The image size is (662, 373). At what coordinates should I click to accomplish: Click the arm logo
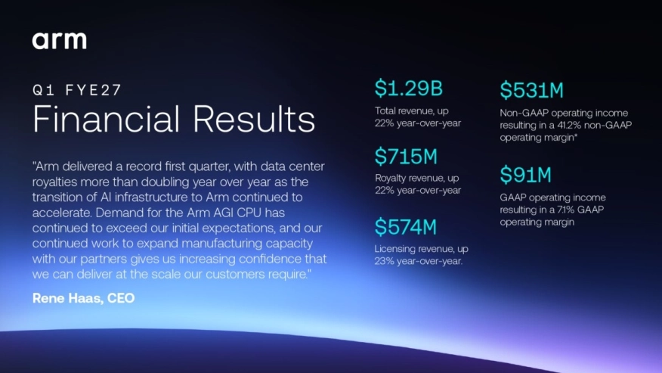coord(60,41)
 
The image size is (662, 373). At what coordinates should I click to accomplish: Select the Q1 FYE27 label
coord(77,90)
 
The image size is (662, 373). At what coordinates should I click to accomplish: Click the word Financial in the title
coord(106,119)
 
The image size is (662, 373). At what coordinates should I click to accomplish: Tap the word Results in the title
coord(254,119)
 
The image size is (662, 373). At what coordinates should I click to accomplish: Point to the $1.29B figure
coord(409,89)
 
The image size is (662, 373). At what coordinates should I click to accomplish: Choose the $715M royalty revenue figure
coord(406,157)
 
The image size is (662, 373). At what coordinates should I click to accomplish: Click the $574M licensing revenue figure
coord(406,227)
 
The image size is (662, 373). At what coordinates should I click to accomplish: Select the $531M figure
coord(532,90)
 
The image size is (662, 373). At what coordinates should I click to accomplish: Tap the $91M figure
coord(526,175)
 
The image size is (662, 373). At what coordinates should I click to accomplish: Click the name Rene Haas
coord(67,298)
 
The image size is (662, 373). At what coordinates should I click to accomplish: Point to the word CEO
coord(121,298)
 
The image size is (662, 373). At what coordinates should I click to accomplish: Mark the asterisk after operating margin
coord(576,135)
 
